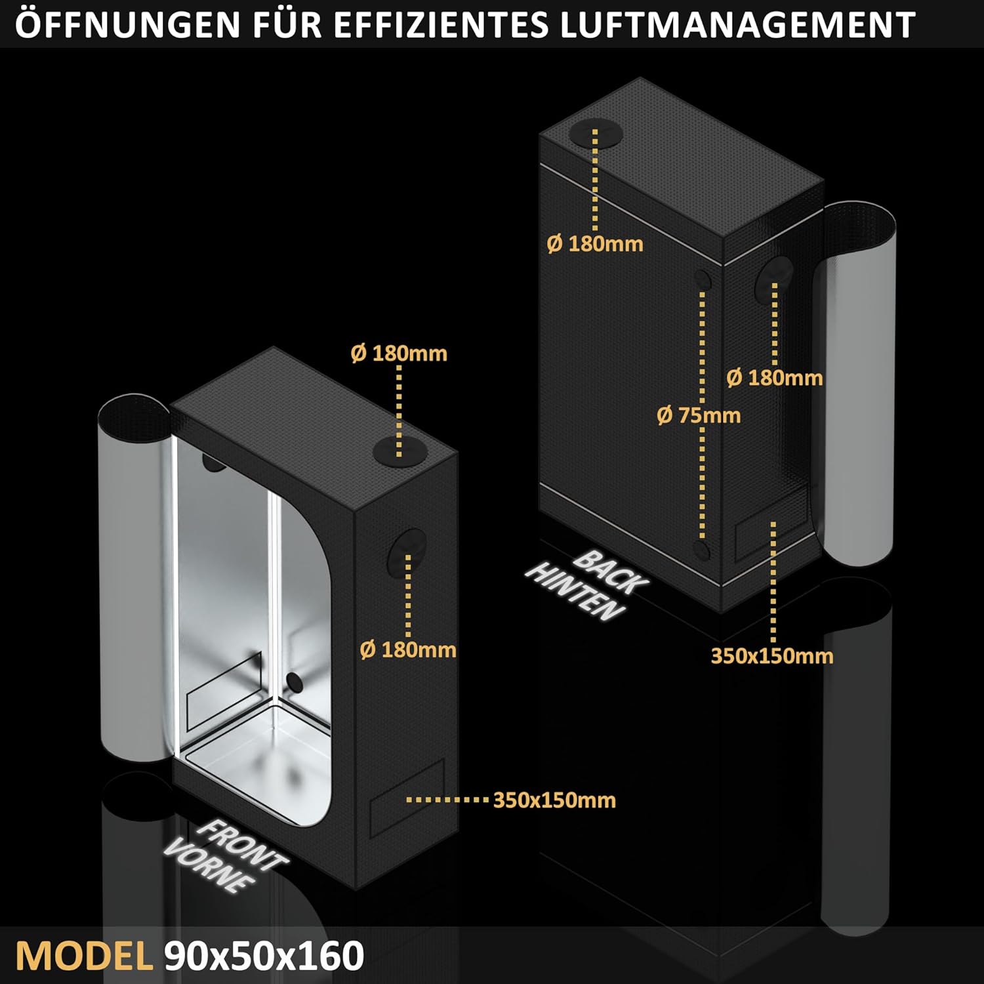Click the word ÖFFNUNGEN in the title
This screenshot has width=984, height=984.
tap(129, 25)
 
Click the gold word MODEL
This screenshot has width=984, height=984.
tap(84, 956)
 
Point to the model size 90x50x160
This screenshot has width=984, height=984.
tap(264, 956)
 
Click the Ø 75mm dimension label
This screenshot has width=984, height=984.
tap(699, 415)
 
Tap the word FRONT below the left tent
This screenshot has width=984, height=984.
tap(241, 846)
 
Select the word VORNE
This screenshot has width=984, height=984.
tap(208, 867)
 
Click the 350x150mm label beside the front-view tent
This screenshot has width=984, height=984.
tap(554, 800)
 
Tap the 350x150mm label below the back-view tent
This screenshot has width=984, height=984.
tap(772, 656)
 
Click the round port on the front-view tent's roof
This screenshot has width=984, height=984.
tap(398, 451)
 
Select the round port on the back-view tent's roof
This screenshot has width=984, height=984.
tap(596, 134)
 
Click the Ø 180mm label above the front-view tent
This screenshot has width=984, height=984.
tap(399, 354)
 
